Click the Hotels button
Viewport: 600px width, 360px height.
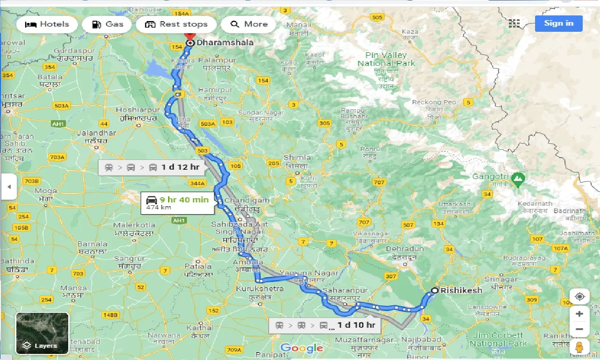[47, 24]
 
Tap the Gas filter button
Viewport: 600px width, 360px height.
[107, 24]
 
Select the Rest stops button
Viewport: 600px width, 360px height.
[176, 24]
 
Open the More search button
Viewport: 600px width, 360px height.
[249, 24]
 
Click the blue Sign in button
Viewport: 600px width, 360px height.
[558, 23]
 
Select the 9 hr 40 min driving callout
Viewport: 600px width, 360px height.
[175, 202]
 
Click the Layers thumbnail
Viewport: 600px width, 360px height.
[43, 333]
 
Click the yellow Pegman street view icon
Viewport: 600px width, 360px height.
[579, 347]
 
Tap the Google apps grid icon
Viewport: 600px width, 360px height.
[514, 23]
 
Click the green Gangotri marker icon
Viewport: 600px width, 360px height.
[517, 178]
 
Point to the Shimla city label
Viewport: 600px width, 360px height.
[297, 158]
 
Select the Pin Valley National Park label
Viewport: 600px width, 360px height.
[386, 58]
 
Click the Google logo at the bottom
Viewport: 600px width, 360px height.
[301, 348]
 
